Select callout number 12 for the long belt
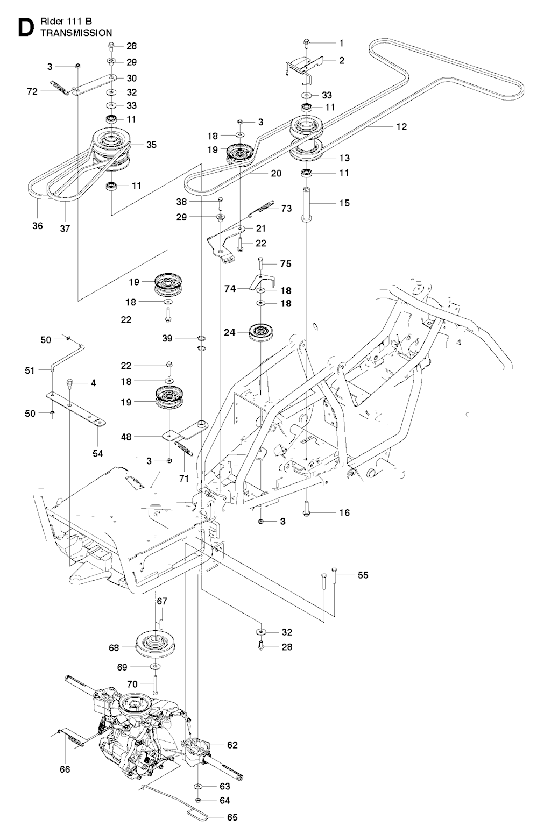(401, 127)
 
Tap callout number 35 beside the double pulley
(152, 145)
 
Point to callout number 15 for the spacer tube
(344, 203)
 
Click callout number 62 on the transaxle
(232, 745)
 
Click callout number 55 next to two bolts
(363, 575)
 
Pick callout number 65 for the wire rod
(231, 818)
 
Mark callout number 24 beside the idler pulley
(229, 333)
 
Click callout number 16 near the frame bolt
(344, 512)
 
